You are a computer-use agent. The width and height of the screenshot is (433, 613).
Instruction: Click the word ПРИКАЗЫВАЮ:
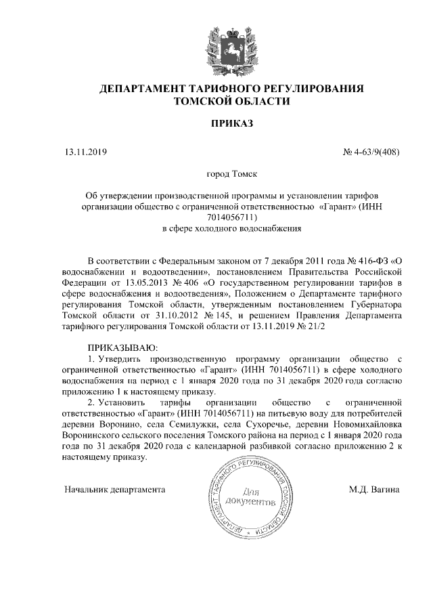pyautogui.click(x=112, y=347)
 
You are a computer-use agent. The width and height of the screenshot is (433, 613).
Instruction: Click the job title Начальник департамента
pyautogui.click(x=115, y=488)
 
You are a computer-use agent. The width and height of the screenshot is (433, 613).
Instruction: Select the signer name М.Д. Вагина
pyautogui.click(x=375, y=488)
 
